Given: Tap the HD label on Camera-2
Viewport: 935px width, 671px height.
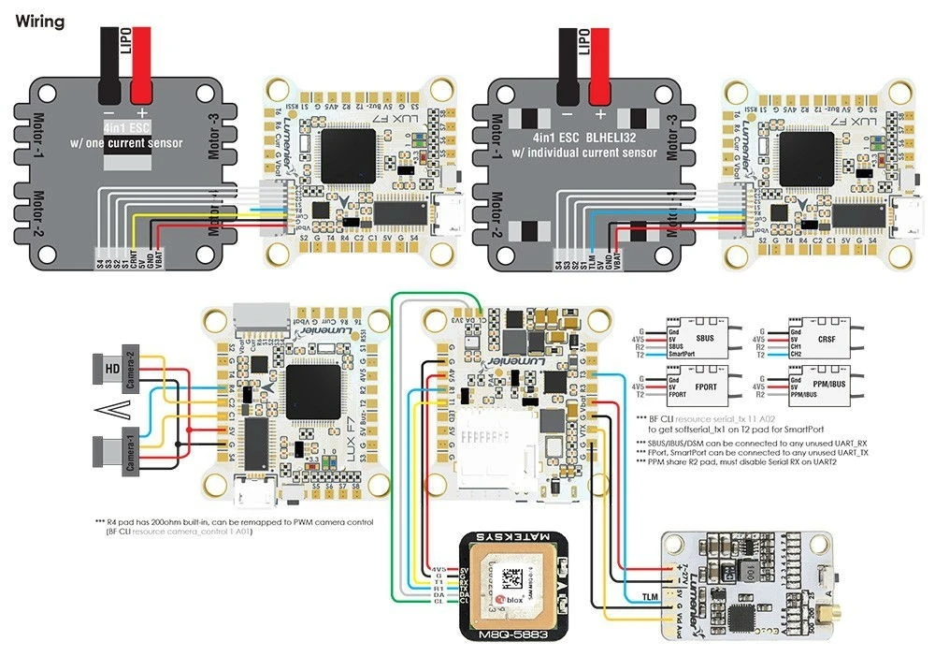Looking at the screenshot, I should (110, 368).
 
